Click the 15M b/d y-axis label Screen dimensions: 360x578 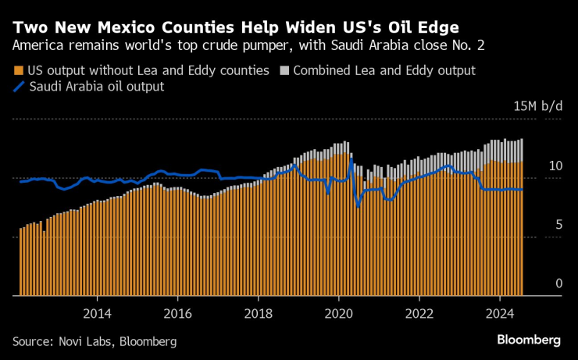click(537, 106)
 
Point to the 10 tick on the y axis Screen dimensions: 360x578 click(555, 166)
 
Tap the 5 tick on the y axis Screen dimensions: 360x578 click(558, 225)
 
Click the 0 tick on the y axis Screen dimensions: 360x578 click(558, 283)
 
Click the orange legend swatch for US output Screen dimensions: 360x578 click(18, 70)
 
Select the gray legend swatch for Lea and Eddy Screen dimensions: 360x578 click(284, 70)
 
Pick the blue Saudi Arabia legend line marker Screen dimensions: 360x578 click(19, 87)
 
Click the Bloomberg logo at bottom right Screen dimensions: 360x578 click(529, 340)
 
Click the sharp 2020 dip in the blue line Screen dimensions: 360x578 click(358, 205)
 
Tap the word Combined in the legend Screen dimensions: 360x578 click(321, 70)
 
